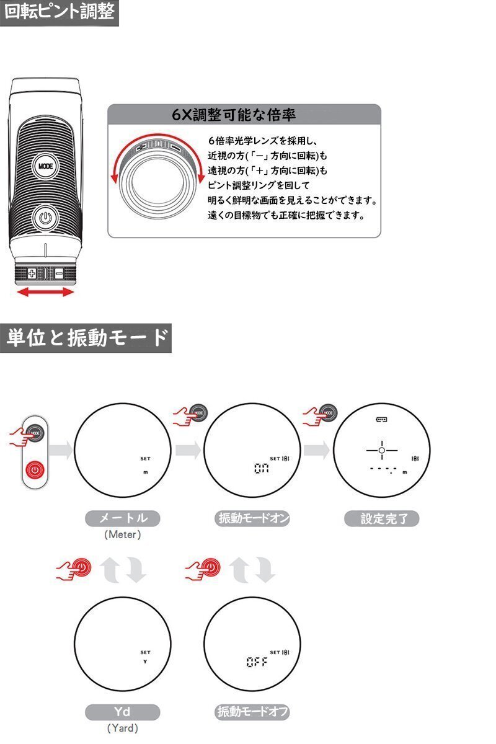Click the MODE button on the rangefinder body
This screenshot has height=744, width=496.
pyautogui.click(x=45, y=166)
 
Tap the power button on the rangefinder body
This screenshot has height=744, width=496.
pyautogui.click(x=44, y=218)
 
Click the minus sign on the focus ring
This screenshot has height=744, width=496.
pyautogui.click(x=59, y=273)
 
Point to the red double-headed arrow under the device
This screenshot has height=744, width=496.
pyautogui.click(x=45, y=291)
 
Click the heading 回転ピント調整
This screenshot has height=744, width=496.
pyautogui.click(x=59, y=12)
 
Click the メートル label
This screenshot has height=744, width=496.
pyautogui.click(x=122, y=518)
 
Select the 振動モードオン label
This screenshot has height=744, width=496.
pyautogui.click(x=253, y=518)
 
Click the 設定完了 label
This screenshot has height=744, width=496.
pyautogui.click(x=381, y=518)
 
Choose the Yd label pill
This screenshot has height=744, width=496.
pyautogui.click(x=122, y=712)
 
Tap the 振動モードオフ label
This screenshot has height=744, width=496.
pyautogui.click(x=253, y=712)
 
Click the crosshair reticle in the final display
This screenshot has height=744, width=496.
pyautogui.click(x=381, y=449)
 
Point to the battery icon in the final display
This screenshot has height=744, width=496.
pyautogui.click(x=381, y=420)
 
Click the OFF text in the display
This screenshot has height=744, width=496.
pyautogui.click(x=256, y=662)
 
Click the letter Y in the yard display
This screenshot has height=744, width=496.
pyautogui.click(x=145, y=662)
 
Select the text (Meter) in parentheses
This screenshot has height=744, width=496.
pyautogui.click(x=122, y=534)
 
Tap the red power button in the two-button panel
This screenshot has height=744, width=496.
pyautogui.click(x=36, y=469)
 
